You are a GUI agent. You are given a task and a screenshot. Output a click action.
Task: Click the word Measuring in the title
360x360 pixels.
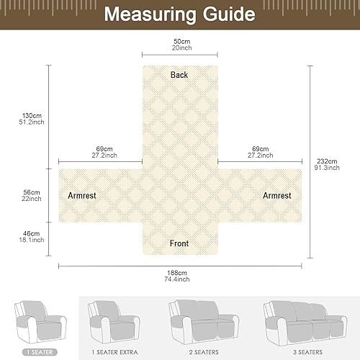tap(150, 15)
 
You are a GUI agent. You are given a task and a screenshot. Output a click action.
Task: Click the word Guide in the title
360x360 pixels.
tap(229, 14)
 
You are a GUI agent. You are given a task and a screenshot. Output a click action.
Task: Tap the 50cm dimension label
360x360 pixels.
tap(182, 41)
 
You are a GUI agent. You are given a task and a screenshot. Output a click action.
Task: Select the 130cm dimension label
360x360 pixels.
tap(32, 116)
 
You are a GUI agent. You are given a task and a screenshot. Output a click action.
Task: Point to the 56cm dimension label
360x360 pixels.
tap(32, 192)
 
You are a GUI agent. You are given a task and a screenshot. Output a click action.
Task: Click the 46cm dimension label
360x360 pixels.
tap(32, 233)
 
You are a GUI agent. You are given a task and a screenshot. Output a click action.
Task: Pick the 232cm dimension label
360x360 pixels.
tap(327, 161)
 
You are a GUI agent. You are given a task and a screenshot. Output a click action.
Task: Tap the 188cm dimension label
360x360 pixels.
tap(177, 273)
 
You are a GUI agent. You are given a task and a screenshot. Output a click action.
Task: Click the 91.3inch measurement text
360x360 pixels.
tap(327, 168)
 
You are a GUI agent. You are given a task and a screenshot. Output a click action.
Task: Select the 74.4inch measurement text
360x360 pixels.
tap(177, 279)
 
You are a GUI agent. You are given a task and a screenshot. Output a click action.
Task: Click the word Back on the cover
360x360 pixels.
tap(179, 75)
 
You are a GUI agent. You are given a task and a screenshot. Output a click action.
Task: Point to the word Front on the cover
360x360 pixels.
tap(179, 243)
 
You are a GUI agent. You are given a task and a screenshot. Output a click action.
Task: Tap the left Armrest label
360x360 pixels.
tap(82, 195)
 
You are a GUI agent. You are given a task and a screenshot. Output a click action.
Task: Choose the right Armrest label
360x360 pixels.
tap(277, 195)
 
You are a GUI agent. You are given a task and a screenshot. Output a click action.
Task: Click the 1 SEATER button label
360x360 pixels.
tap(40, 352)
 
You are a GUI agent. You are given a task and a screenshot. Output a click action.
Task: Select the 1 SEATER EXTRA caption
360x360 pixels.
tap(114, 352)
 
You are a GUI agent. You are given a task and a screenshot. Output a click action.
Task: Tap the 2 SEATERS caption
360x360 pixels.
tap(204, 352)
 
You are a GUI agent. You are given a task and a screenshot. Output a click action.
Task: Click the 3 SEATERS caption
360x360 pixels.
tap(307, 352)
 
